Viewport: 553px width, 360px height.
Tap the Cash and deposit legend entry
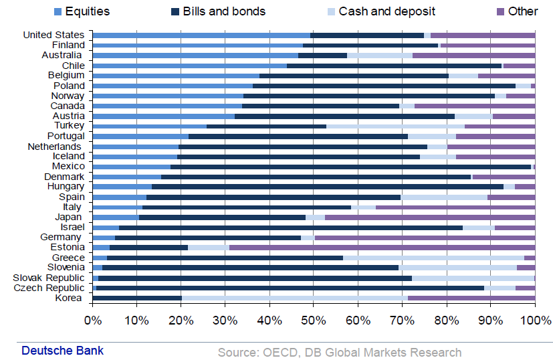click(x=386, y=11)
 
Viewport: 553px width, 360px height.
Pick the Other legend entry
click(x=522, y=11)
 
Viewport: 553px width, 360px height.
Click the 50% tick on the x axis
click(x=314, y=320)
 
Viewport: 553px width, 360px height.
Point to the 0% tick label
click(x=92, y=320)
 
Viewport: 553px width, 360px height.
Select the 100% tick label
click(x=534, y=320)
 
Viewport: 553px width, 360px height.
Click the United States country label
click(x=53, y=35)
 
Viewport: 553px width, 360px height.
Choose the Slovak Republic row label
click(x=49, y=278)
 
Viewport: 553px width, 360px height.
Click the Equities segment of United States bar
click(x=201, y=35)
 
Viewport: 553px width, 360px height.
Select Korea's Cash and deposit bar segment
click(x=294, y=298)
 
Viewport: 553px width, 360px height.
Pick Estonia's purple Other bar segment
click(x=382, y=248)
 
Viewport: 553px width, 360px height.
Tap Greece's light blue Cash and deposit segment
click(x=433, y=258)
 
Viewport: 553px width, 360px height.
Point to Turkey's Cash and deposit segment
click(x=395, y=126)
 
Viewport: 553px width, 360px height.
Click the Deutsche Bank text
click(x=62, y=351)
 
